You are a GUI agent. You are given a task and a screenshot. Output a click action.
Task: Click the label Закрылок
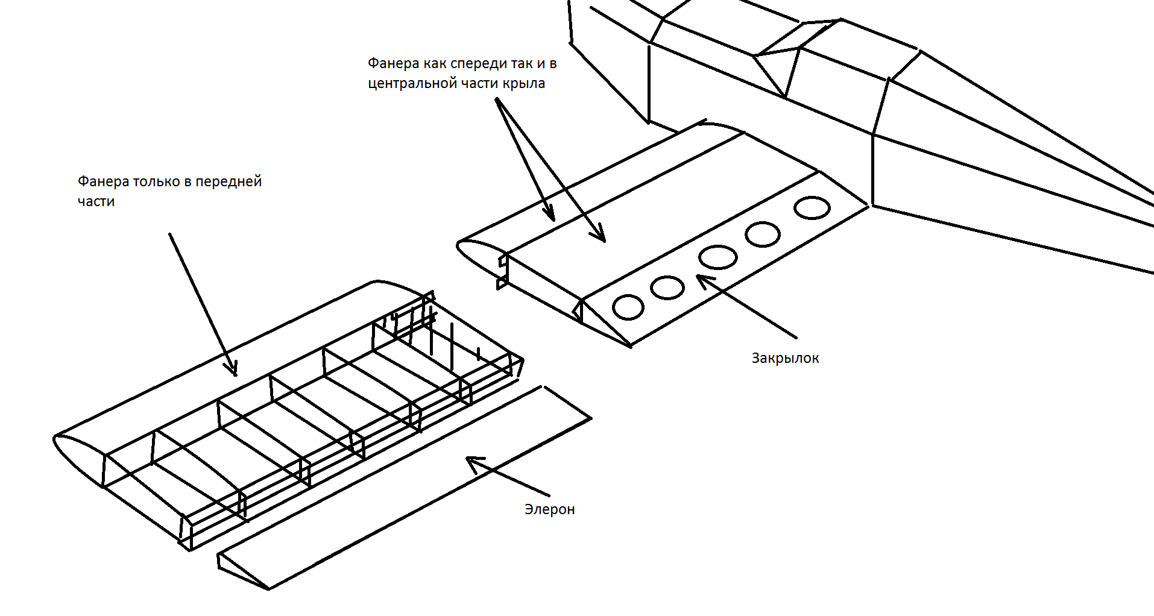785,358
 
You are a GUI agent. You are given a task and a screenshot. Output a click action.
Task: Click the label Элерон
549,509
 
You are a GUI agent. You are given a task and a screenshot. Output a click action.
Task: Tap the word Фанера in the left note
103,181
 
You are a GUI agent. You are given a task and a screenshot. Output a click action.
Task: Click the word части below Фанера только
96,201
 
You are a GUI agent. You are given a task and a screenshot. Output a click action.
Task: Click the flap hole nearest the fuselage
812,208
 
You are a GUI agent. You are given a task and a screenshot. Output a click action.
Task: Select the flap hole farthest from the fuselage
628,307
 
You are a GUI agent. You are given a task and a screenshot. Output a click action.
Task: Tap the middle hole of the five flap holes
717,257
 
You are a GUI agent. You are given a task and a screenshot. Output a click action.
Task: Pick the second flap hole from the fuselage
763,234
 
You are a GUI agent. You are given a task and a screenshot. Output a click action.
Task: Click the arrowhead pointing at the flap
702,279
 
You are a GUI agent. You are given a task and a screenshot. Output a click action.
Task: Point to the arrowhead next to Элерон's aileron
473,462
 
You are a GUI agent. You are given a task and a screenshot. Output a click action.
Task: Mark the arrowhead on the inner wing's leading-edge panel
549,215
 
